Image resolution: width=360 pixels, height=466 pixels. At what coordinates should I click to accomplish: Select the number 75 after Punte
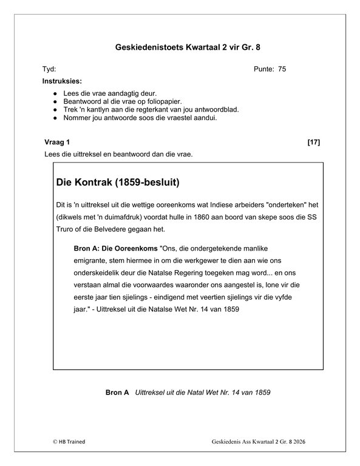pos(282,69)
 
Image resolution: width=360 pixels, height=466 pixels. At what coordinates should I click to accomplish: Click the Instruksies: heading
pos(63,81)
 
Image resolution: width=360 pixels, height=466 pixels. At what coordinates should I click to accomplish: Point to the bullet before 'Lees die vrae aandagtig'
pos(55,93)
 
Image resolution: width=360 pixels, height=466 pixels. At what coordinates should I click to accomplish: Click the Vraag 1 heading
pos(58,142)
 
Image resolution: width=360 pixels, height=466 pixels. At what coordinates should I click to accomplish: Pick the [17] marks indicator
pos(313,142)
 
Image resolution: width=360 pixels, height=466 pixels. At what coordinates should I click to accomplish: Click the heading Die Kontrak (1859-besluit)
pos(118,181)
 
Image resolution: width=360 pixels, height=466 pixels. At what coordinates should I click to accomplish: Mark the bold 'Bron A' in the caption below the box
pos(117,393)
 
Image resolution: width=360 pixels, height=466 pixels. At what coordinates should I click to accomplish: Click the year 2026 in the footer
pos(297,444)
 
